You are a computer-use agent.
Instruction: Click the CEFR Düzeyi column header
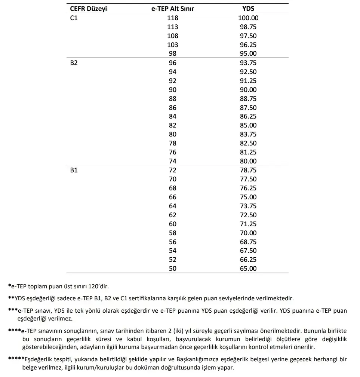88,9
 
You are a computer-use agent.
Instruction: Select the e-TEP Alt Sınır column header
172,9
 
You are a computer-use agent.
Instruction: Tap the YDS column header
248,9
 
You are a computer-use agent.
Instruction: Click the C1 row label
74,18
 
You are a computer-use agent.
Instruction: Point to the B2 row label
74,63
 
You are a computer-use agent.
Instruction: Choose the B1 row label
74,170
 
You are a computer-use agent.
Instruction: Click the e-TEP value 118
173,18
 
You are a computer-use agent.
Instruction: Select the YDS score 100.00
248,18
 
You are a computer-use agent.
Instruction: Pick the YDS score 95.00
248,53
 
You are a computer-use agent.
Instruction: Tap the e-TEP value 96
173,63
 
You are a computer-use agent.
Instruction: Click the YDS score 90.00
248,90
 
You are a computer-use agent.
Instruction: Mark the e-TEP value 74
173,161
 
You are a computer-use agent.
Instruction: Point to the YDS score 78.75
248,170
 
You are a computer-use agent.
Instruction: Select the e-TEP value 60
173,224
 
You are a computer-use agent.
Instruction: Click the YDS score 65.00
248,269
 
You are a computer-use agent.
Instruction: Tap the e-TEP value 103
173,45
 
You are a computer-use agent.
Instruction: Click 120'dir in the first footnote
98,286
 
